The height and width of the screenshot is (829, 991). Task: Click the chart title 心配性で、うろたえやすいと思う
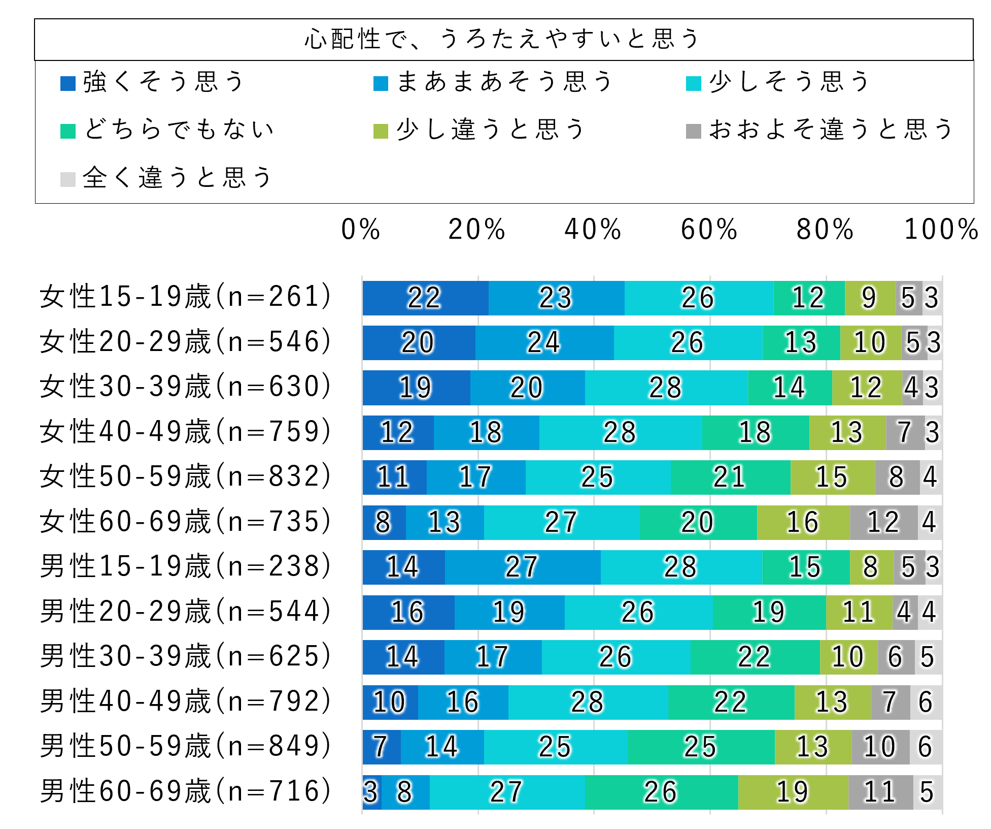click(x=502, y=39)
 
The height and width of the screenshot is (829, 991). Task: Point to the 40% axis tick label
click(x=593, y=229)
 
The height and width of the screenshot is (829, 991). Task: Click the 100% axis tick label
click(x=941, y=229)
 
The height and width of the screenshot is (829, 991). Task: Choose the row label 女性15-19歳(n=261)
click(x=186, y=297)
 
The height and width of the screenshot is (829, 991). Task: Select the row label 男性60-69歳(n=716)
click(x=186, y=791)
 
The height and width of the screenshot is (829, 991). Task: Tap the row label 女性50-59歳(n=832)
click(x=186, y=477)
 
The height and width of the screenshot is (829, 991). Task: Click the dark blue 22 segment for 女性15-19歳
click(x=425, y=298)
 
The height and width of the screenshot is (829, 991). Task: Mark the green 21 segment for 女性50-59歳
click(x=730, y=477)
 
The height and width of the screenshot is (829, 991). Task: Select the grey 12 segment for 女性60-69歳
click(x=883, y=523)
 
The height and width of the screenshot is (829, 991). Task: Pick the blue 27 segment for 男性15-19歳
click(x=523, y=567)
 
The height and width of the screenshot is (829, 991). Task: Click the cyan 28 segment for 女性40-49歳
click(x=620, y=433)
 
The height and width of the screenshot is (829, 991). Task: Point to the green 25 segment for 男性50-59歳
click(x=701, y=747)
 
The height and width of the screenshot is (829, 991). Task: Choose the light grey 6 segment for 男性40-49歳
click(x=926, y=703)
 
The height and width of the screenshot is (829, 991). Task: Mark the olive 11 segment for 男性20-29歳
click(x=859, y=613)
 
